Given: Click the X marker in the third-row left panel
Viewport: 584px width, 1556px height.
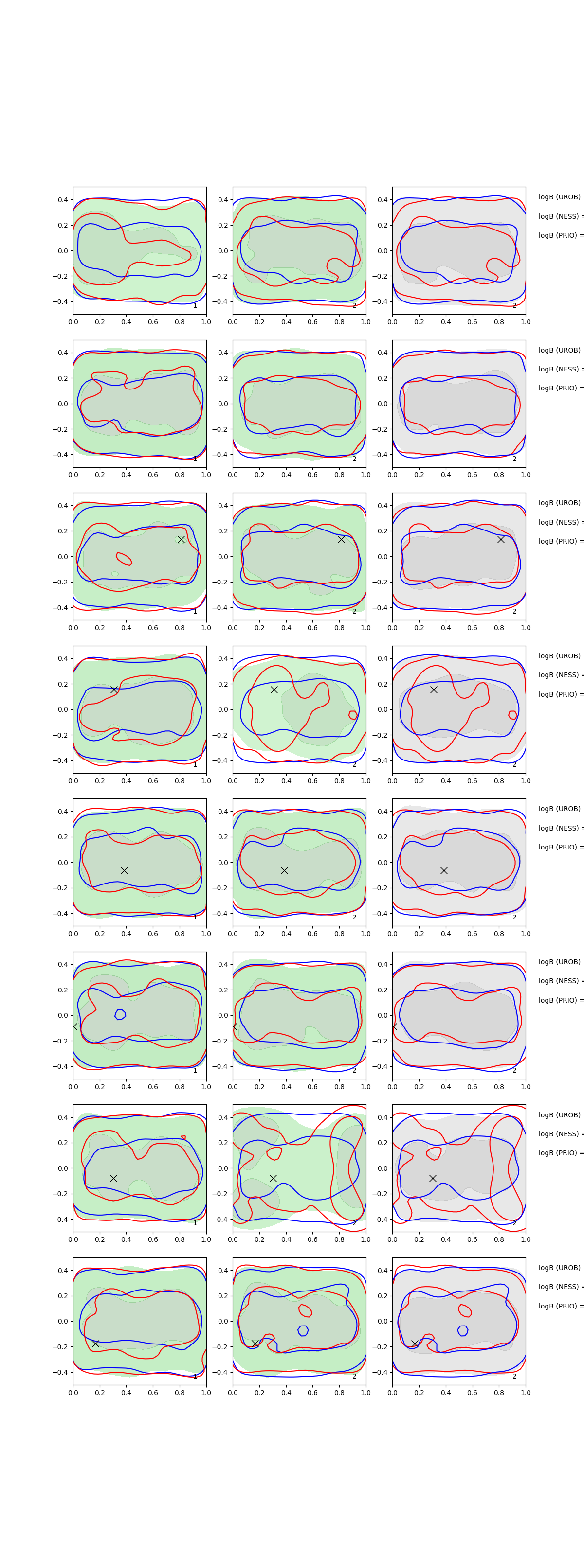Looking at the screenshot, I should pyautogui.click(x=181, y=539).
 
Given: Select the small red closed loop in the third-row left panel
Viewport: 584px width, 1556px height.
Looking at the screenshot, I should pyautogui.click(x=124, y=558).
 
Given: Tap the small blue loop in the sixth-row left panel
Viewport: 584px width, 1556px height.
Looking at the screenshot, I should pyautogui.click(x=120, y=1014).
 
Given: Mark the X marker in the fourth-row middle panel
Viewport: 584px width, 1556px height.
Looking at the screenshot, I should pyautogui.click(x=274, y=689).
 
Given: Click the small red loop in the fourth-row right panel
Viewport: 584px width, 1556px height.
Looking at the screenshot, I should pyautogui.click(x=512, y=715).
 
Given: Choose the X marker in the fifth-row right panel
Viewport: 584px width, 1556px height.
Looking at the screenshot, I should pyautogui.click(x=444, y=870).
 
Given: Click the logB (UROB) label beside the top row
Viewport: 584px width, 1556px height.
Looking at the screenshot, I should pyautogui.click(x=560, y=197).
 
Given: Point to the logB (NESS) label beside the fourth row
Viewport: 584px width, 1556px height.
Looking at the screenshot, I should pyautogui.click(x=560, y=675).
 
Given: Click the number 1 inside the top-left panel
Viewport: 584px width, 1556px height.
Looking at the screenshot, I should pyautogui.click(x=195, y=306).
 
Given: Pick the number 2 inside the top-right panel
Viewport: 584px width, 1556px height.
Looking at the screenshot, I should pyautogui.click(x=514, y=306).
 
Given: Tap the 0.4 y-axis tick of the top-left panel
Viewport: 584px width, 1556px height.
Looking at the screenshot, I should pyautogui.click(x=63, y=200).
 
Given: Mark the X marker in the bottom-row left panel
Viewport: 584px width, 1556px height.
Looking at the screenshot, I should pyautogui.click(x=95, y=1344).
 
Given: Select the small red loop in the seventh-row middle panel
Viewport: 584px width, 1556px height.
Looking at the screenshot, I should pyautogui.click(x=274, y=1152).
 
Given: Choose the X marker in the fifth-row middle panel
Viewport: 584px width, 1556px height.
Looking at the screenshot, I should pyautogui.click(x=284, y=870).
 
